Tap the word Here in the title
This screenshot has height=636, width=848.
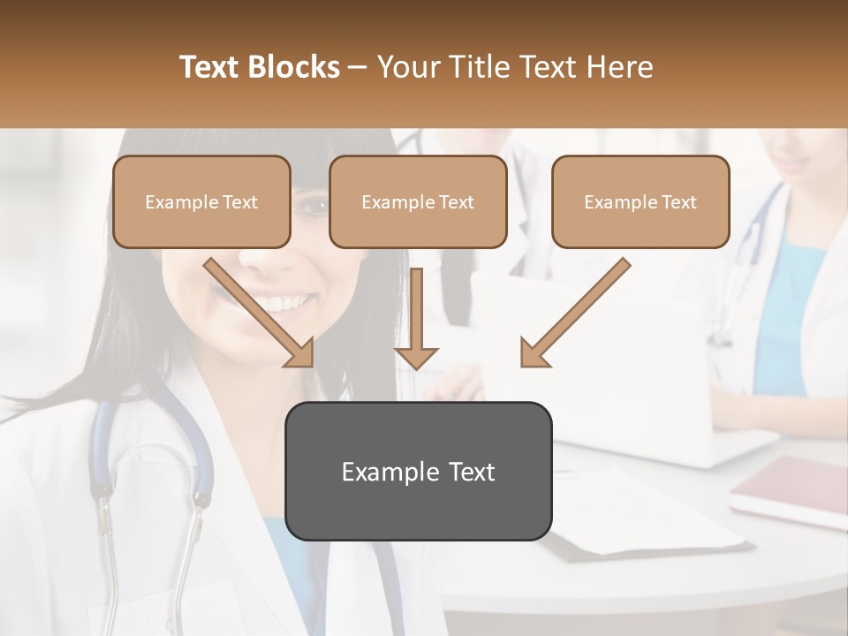[x=622, y=67]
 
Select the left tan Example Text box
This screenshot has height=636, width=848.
[x=201, y=202]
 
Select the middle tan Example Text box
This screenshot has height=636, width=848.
[x=418, y=202]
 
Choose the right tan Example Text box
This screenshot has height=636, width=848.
[x=640, y=202]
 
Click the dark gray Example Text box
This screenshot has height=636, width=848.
[x=419, y=472]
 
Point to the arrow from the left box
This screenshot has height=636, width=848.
[x=259, y=313]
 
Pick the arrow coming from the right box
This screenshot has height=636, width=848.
[x=575, y=313]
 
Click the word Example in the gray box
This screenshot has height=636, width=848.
[x=380, y=472]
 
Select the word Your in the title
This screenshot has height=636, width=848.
[x=408, y=67]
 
